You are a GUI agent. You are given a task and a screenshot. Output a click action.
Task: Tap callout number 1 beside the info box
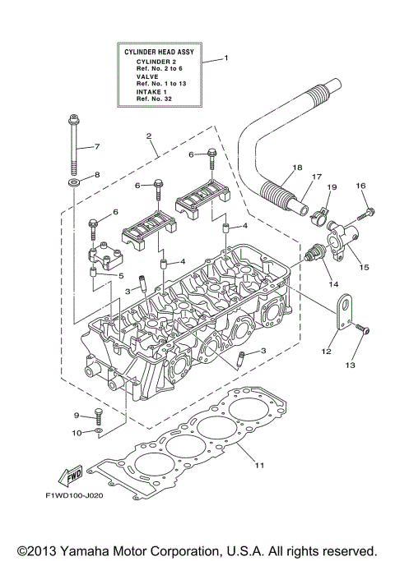point(227,59)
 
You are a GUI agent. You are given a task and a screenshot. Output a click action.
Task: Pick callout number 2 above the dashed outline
point(148,136)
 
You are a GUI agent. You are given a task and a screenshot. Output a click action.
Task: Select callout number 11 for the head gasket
point(258,466)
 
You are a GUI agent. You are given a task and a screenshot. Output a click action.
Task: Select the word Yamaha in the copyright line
point(101,549)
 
